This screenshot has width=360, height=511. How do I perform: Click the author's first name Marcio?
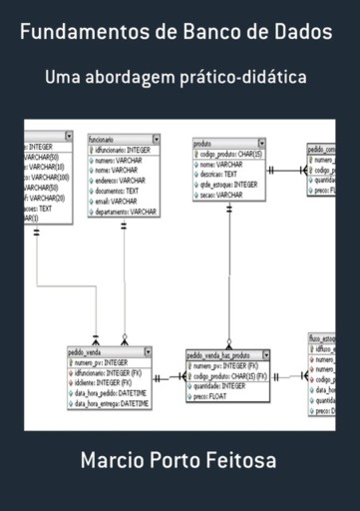(x=114, y=462)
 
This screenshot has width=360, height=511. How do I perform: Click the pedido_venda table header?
(x=90, y=352)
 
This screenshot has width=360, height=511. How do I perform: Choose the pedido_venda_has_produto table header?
(x=219, y=354)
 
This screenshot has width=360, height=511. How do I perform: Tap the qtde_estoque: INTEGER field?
(x=228, y=185)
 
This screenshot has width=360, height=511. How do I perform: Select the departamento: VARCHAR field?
(x=126, y=212)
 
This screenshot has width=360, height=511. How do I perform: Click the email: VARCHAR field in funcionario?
(x=118, y=202)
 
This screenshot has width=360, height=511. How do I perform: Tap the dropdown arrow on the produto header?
(x=261, y=144)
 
